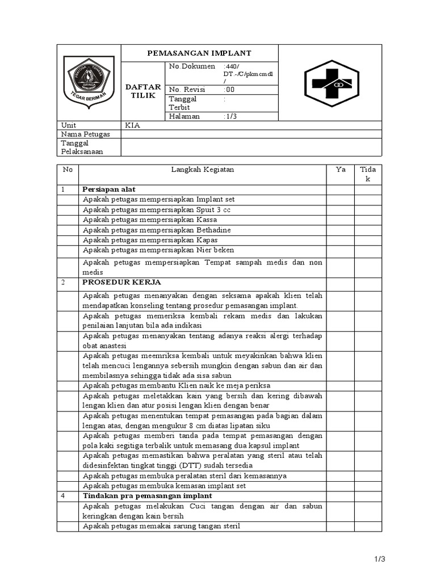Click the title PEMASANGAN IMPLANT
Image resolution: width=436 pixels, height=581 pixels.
[199, 53]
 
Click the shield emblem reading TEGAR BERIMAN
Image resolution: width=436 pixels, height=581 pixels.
[88, 82]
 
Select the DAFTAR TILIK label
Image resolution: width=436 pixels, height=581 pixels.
[143, 91]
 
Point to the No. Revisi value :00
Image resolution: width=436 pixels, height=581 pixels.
[229, 90]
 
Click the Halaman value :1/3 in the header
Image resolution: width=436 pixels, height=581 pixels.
[231, 116]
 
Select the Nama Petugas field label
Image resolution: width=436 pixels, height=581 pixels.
[85, 134]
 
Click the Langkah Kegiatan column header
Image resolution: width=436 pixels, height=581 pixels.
[202, 170]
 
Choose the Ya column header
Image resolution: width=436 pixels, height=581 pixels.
[340, 170]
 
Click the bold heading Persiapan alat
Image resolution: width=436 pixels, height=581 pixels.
[109, 190]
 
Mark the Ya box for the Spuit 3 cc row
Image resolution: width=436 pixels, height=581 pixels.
[340, 210]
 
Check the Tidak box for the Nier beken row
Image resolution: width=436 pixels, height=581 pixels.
[368, 250]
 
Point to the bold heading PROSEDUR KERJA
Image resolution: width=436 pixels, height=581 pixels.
[121, 282]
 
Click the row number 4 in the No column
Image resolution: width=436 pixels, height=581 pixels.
[64, 496]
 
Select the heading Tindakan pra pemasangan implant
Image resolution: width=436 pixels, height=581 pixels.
[147, 496]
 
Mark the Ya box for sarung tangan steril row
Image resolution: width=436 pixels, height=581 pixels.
[340, 527]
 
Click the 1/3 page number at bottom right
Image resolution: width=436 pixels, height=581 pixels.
[380, 559]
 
